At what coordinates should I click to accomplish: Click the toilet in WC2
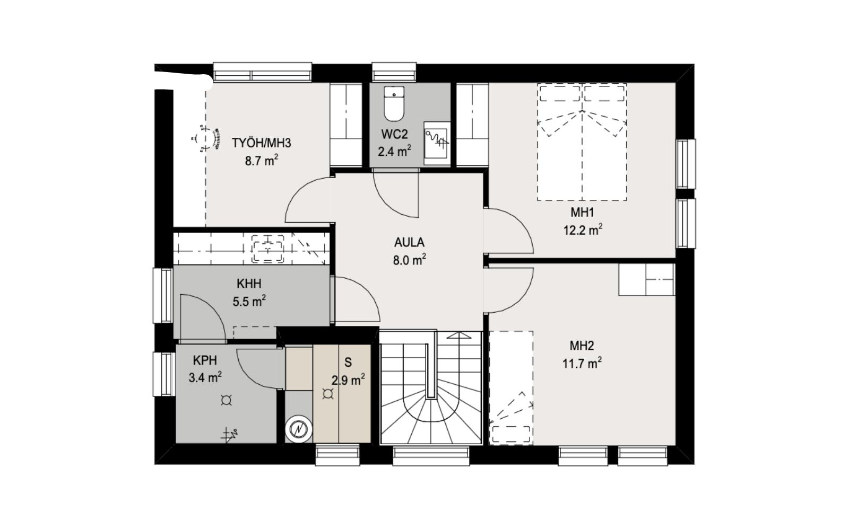tap(394, 103)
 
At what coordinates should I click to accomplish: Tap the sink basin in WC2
tap(436, 143)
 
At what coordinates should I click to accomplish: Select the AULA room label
tap(409, 242)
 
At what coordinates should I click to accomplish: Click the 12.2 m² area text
tap(583, 230)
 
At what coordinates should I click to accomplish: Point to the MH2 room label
tap(582, 346)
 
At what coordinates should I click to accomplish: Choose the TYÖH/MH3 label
tap(262, 143)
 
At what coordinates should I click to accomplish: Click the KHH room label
tap(249, 284)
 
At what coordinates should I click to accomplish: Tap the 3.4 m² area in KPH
tap(205, 377)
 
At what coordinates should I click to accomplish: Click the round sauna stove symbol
tap(299, 429)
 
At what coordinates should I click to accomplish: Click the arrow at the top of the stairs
tap(459, 335)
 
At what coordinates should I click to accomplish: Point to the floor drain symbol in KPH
tap(226, 400)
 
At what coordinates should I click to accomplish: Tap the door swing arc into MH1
tap(519, 222)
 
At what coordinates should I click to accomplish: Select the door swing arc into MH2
tap(519, 299)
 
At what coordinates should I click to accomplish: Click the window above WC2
tap(394, 72)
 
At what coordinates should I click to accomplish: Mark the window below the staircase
tap(431, 456)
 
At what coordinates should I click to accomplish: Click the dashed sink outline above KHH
tap(267, 249)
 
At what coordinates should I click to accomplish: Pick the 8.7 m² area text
tap(262, 161)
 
